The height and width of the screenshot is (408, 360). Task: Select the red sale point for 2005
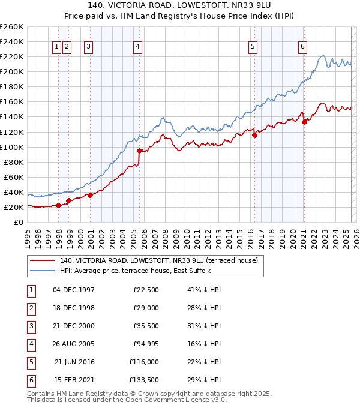(139, 151)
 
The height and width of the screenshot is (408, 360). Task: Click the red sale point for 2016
(254, 135)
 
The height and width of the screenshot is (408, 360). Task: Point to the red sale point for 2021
(304, 122)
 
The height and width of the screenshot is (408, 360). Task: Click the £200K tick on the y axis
(13, 71)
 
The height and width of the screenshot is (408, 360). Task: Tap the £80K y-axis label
(14, 162)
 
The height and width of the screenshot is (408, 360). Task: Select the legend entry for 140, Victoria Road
(158, 260)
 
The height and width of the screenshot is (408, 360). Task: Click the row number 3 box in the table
(31, 326)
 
